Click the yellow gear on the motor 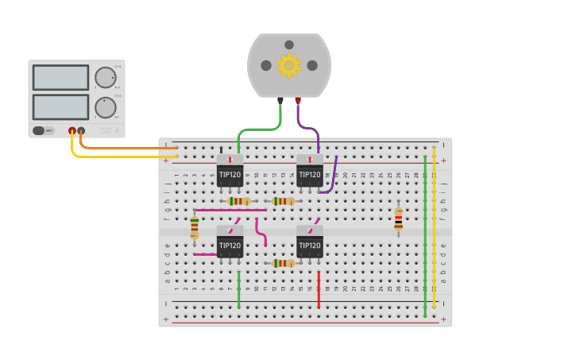click(x=288, y=65)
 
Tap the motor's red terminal click(x=298, y=101)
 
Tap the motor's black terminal click(x=280, y=101)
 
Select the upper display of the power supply click(x=60, y=77)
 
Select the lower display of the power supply click(x=60, y=106)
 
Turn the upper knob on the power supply click(x=105, y=77)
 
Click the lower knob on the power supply click(x=105, y=107)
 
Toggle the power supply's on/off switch click(x=43, y=130)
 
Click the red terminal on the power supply click(x=72, y=130)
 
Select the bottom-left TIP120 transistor click(x=230, y=243)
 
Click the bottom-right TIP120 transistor click(x=310, y=243)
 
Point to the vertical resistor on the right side click(x=398, y=219)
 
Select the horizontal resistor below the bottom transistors click(x=284, y=263)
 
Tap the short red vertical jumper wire click(x=319, y=289)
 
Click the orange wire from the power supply click(x=127, y=148)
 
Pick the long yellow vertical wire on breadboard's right click(x=434, y=230)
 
